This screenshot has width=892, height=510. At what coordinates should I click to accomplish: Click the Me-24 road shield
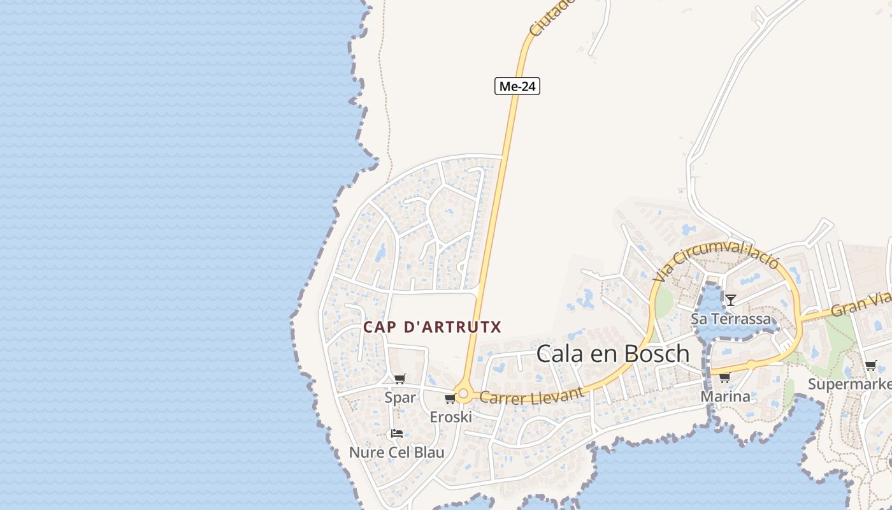pyautogui.click(x=517, y=86)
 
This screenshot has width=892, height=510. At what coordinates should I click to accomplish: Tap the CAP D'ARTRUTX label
pyautogui.click(x=432, y=327)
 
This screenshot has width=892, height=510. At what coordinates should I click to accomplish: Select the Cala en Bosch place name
pyautogui.click(x=613, y=353)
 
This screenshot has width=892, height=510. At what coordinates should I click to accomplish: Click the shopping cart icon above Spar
pyautogui.click(x=399, y=379)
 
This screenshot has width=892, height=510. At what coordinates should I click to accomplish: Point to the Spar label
pyautogui.click(x=400, y=398)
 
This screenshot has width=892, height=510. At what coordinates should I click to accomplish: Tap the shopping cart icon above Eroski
pyautogui.click(x=450, y=399)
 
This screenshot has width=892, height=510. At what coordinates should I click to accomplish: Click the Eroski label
pyautogui.click(x=451, y=417)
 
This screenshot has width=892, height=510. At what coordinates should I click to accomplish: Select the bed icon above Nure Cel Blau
pyautogui.click(x=396, y=433)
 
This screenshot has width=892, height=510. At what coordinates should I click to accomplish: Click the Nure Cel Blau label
pyautogui.click(x=396, y=452)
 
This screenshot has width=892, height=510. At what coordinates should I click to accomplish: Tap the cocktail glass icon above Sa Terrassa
pyautogui.click(x=731, y=300)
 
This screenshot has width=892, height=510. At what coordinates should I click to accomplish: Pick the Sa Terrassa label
pyautogui.click(x=731, y=319)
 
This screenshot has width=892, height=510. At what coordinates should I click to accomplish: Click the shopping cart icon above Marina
pyautogui.click(x=724, y=378)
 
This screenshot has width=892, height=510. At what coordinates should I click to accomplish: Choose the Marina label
pyautogui.click(x=725, y=397)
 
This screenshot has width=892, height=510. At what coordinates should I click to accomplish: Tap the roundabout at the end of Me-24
pyautogui.click(x=463, y=395)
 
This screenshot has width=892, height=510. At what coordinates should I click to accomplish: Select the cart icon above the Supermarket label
pyautogui.click(x=870, y=365)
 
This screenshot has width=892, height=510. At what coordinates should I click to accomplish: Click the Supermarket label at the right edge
pyautogui.click(x=850, y=384)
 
